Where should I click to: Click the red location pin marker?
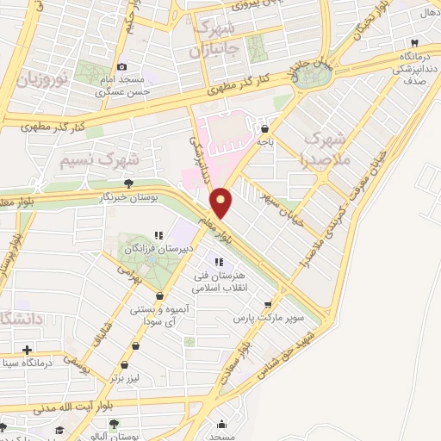[x=222, y=202]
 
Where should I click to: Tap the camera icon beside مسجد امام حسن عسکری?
[x=121, y=66]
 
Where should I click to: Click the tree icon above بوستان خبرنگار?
[x=128, y=183]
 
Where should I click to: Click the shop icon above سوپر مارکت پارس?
[x=269, y=304]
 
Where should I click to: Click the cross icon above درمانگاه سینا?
[x=28, y=350]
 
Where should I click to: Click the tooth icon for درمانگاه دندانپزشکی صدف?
[x=414, y=42]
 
